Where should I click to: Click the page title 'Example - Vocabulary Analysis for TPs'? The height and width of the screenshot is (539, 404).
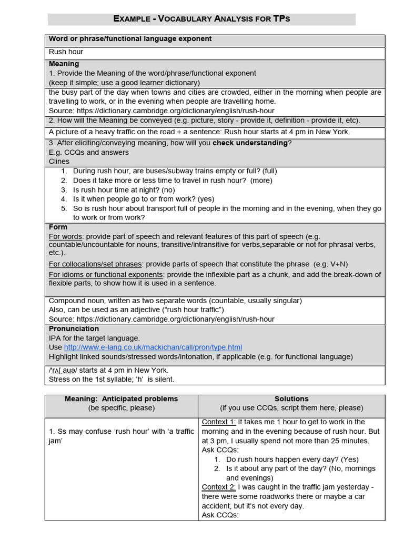tap(201, 19)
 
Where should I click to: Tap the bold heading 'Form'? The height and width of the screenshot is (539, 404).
tap(58, 227)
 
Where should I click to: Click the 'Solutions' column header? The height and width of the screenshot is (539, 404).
tap(291, 399)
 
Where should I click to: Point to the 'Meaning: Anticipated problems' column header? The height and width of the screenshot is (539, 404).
tap(122, 399)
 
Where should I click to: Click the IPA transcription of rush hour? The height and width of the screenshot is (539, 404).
tap(69, 371)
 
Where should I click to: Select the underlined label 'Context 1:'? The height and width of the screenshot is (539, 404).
tap(219, 422)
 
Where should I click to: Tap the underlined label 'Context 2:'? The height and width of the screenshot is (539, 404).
tap(219, 487)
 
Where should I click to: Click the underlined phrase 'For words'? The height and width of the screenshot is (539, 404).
tap(66, 236)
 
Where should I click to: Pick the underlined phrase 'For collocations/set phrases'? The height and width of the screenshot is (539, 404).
tap(95, 264)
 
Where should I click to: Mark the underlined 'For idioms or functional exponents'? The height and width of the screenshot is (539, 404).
tap(106, 275)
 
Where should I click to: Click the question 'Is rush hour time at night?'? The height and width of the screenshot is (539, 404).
tap(116, 190)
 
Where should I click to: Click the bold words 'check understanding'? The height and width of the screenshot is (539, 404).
tap(250, 143)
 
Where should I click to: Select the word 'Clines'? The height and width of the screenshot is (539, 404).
tap(59, 162)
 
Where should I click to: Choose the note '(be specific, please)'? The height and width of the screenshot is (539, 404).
tap(122, 408)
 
